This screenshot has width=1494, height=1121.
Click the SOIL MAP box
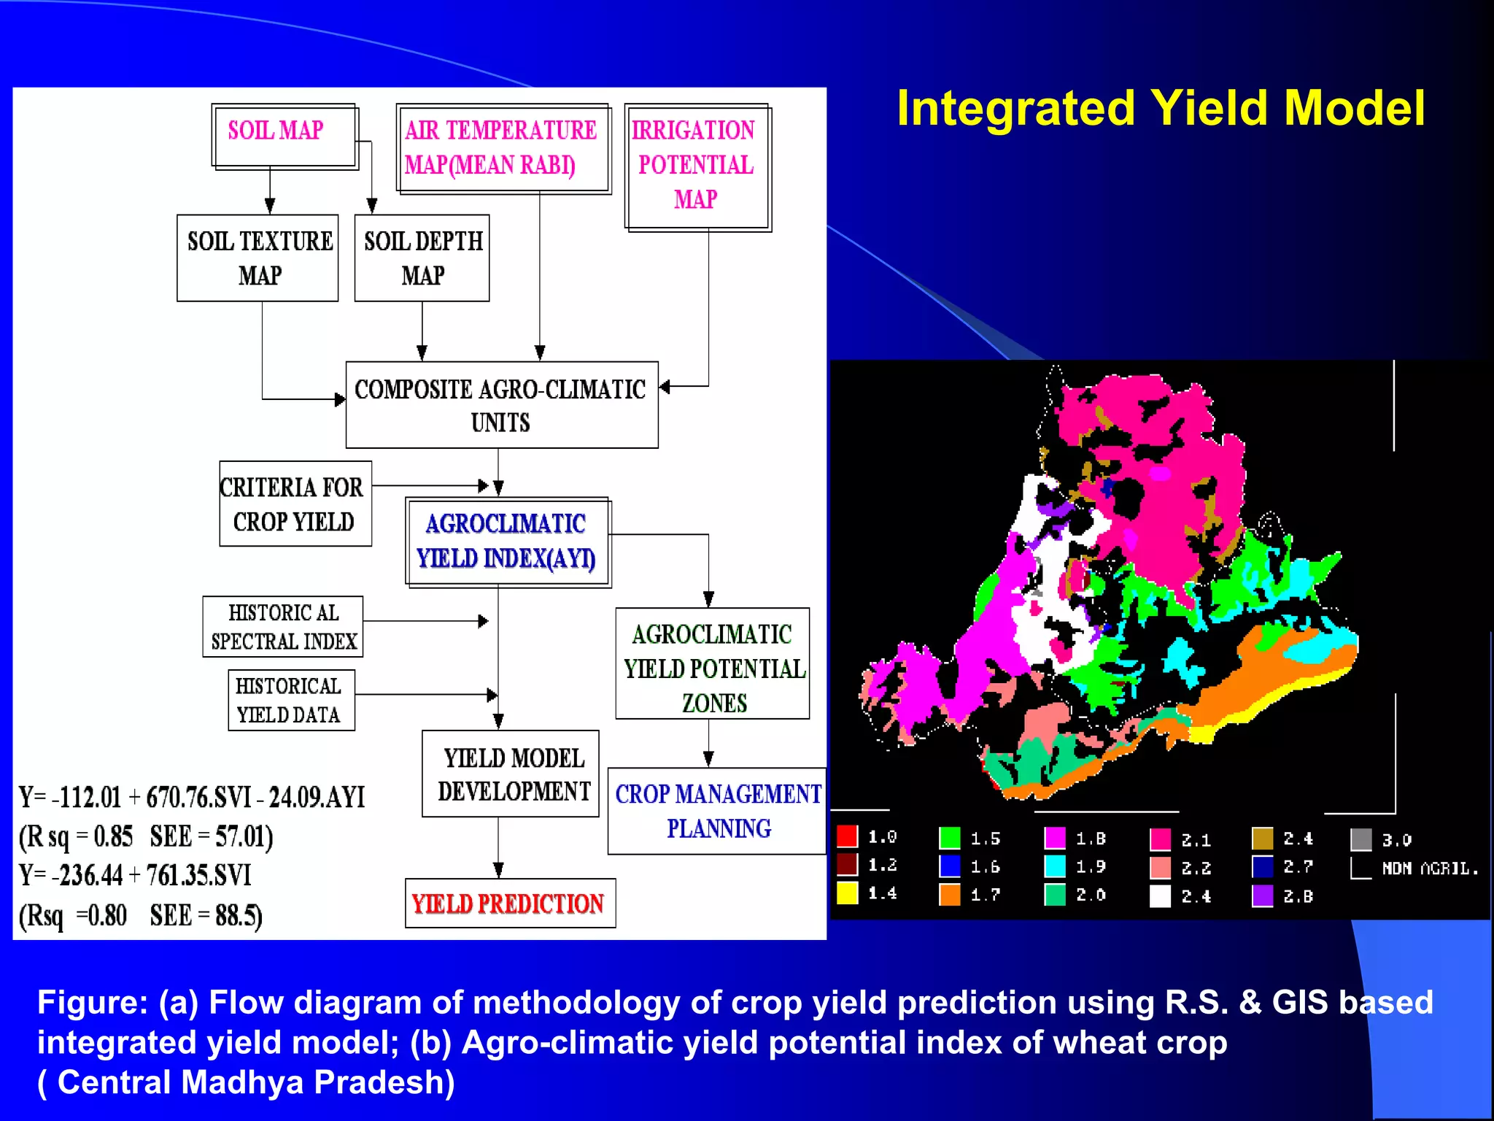pyautogui.click(x=285, y=136)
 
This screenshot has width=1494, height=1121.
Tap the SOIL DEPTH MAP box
pyautogui.click(x=422, y=258)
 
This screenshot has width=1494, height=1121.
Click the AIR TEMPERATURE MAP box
pyautogui.click(x=503, y=148)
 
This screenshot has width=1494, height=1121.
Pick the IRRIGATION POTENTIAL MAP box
pyautogui.click(x=697, y=167)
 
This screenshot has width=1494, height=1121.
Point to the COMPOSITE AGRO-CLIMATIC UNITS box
pyautogui.click(x=501, y=405)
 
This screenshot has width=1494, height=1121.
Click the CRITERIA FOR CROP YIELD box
pyautogui.click(x=295, y=504)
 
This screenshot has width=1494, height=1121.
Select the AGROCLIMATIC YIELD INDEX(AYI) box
pyautogui.click(x=508, y=542)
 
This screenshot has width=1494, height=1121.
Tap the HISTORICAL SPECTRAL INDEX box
pyautogui.click(x=283, y=627)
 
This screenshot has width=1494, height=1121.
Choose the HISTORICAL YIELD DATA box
pyautogui.click(x=291, y=701)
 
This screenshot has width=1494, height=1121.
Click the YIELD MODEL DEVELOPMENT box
pyautogui.click(x=510, y=774)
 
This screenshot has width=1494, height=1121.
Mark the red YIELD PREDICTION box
pyautogui.click(x=509, y=904)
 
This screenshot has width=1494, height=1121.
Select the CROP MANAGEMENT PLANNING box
pyautogui.click(x=717, y=811)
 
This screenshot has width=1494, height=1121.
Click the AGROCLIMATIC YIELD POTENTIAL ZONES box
pyautogui.click(x=712, y=664)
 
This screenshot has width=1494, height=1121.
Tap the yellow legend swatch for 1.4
pyautogui.click(x=847, y=893)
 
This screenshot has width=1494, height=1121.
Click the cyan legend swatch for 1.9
pyautogui.click(x=1055, y=866)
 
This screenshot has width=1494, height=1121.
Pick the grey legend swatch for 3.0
pyautogui.click(x=1361, y=839)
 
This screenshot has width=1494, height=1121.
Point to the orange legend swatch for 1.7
pyautogui.click(x=950, y=895)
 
